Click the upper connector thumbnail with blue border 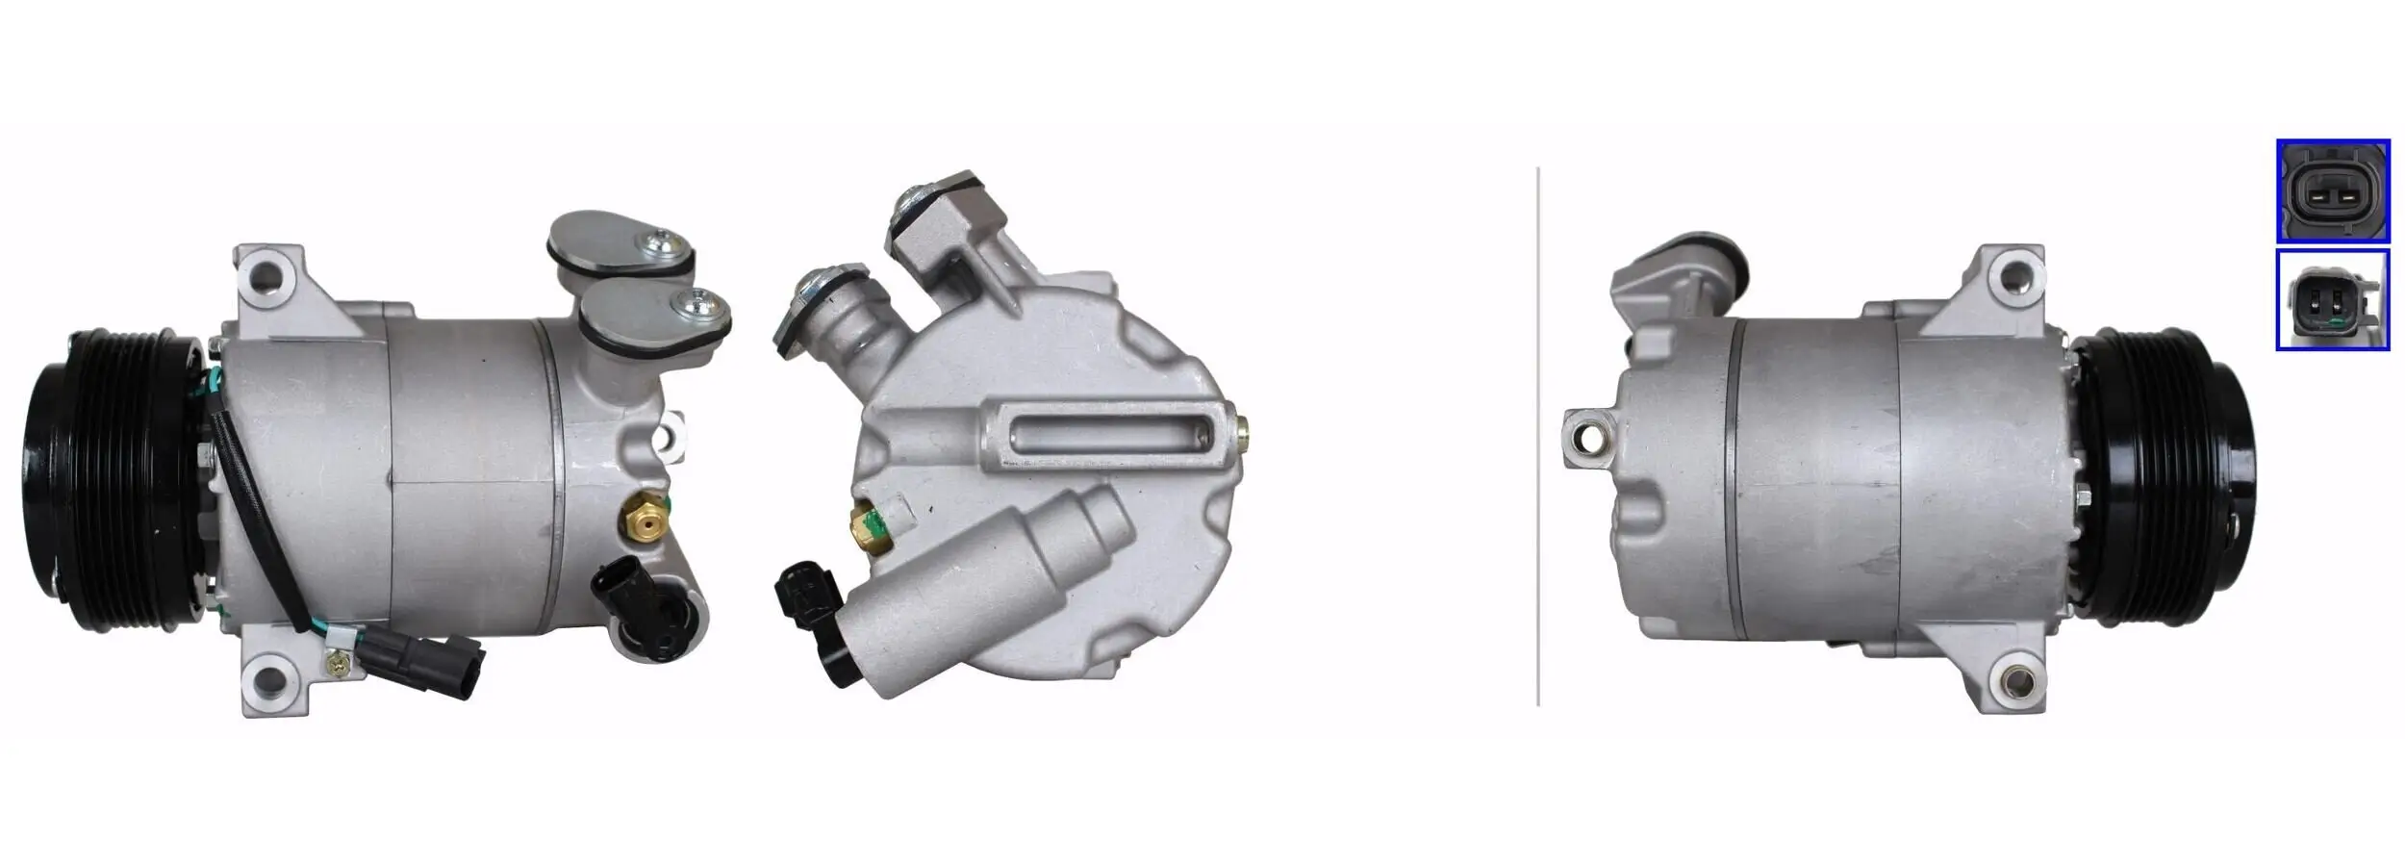[2332, 191]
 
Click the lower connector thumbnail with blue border [2332, 300]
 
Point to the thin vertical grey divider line [1538, 433]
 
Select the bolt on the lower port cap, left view [691, 305]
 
